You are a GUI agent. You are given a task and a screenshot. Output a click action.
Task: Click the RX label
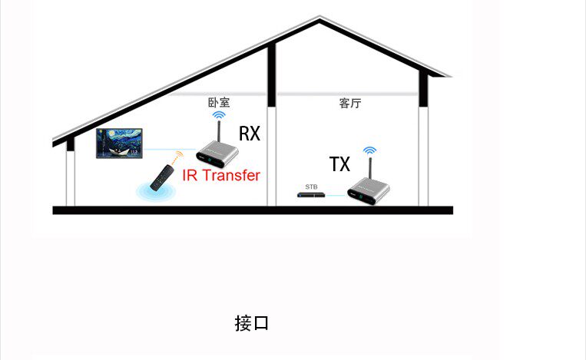point(250,134)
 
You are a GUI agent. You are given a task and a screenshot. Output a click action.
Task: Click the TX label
point(339,164)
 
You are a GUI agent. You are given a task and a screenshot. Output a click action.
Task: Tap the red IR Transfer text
point(221,175)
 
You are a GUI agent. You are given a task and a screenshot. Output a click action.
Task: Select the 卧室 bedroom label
point(219,102)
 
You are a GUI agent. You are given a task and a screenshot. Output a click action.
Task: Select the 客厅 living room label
point(349,103)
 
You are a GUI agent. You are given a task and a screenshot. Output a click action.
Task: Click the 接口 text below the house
point(251,323)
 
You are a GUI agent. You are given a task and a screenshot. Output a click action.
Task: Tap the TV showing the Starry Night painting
point(121,144)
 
